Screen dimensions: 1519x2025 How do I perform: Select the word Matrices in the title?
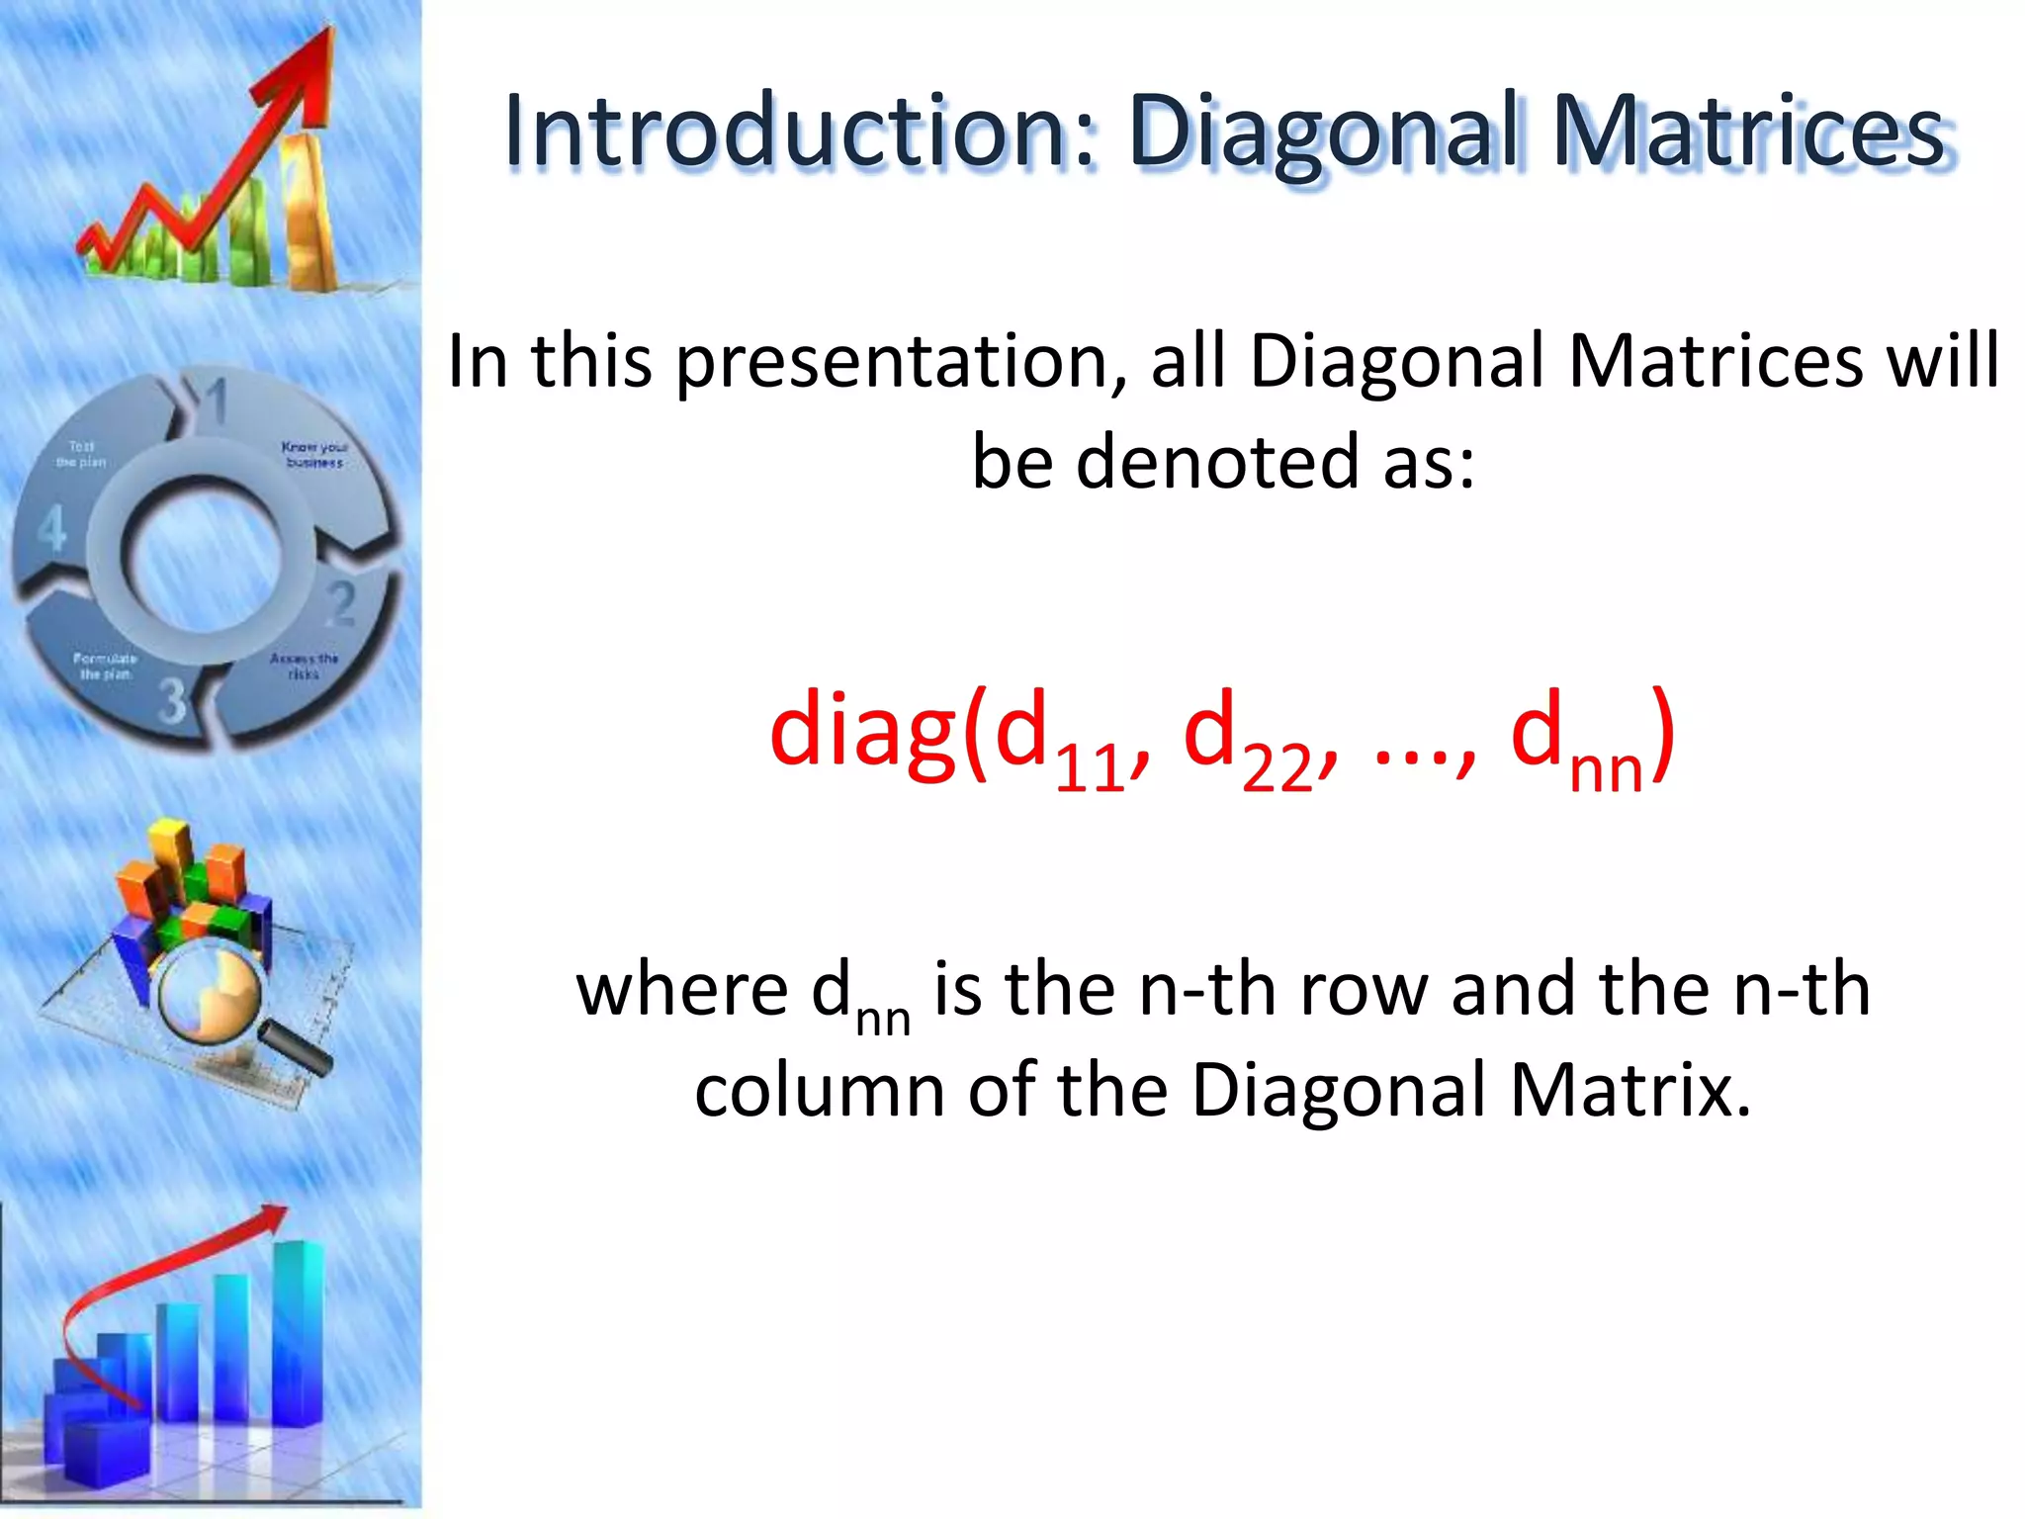(x=1748, y=131)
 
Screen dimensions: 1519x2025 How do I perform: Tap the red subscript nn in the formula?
(x=1606, y=769)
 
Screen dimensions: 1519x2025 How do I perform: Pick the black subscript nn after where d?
(x=882, y=1020)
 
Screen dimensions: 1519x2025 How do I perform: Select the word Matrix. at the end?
(x=1630, y=1090)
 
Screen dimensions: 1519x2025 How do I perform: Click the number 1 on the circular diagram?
(x=217, y=402)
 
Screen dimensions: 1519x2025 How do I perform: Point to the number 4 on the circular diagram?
(x=51, y=528)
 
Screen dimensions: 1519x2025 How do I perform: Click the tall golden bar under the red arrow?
(x=311, y=213)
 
